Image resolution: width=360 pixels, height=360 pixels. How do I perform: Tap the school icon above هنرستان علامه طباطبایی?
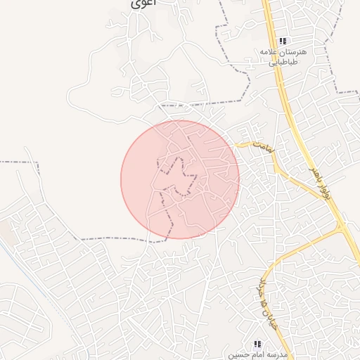coord(283,41)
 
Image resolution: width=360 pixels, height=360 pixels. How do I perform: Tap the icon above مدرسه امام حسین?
coord(257,344)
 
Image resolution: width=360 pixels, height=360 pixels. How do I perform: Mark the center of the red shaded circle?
coord(180,179)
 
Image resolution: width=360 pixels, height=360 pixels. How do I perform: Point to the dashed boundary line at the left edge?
coord(18,162)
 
